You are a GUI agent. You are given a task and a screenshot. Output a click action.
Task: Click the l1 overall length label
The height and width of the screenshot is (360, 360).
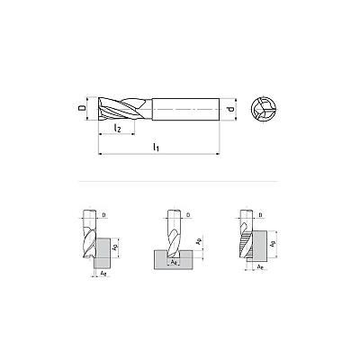click(x=156, y=147)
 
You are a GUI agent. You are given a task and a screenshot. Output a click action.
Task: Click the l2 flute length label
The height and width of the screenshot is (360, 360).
click(x=117, y=128)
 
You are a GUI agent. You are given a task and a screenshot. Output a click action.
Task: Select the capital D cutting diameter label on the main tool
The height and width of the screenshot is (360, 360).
click(x=81, y=108)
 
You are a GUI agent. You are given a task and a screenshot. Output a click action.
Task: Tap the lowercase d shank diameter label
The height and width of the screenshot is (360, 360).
click(x=230, y=109)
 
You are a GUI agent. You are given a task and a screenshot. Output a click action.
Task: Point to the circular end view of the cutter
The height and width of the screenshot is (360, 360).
click(x=263, y=109)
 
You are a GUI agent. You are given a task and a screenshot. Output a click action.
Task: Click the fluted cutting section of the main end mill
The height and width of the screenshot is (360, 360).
click(x=125, y=109)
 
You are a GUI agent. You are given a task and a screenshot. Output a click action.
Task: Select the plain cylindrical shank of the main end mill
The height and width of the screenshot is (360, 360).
click(x=185, y=109)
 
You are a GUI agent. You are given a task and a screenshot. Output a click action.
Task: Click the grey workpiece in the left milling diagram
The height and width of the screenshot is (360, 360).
click(x=103, y=253)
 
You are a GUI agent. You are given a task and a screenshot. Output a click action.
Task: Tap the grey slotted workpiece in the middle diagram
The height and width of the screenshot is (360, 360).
click(x=173, y=260)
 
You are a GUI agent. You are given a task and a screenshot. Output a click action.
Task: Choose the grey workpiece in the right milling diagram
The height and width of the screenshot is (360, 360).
click(x=260, y=245)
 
